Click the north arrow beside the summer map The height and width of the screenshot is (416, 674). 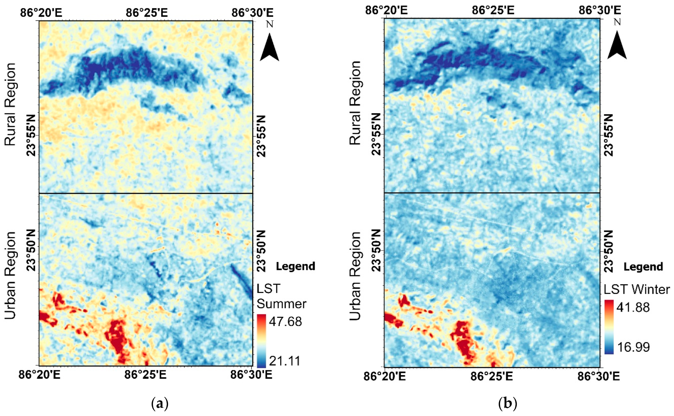click(x=269, y=47)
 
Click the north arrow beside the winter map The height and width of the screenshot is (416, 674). click(x=617, y=45)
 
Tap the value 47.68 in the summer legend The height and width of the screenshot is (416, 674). click(x=285, y=321)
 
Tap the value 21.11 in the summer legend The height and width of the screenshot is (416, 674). click(x=285, y=361)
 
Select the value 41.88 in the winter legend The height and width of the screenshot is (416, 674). click(x=633, y=307)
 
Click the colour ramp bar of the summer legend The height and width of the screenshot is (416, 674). click(x=262, y=341)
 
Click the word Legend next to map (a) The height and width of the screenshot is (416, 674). click(x=295, y=266)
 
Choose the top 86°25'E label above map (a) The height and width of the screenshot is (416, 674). click(x=147, y=13)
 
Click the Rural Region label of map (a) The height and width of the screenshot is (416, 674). click(x=10, y=104)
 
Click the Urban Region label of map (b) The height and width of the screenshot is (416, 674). click(x=355, y=276)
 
